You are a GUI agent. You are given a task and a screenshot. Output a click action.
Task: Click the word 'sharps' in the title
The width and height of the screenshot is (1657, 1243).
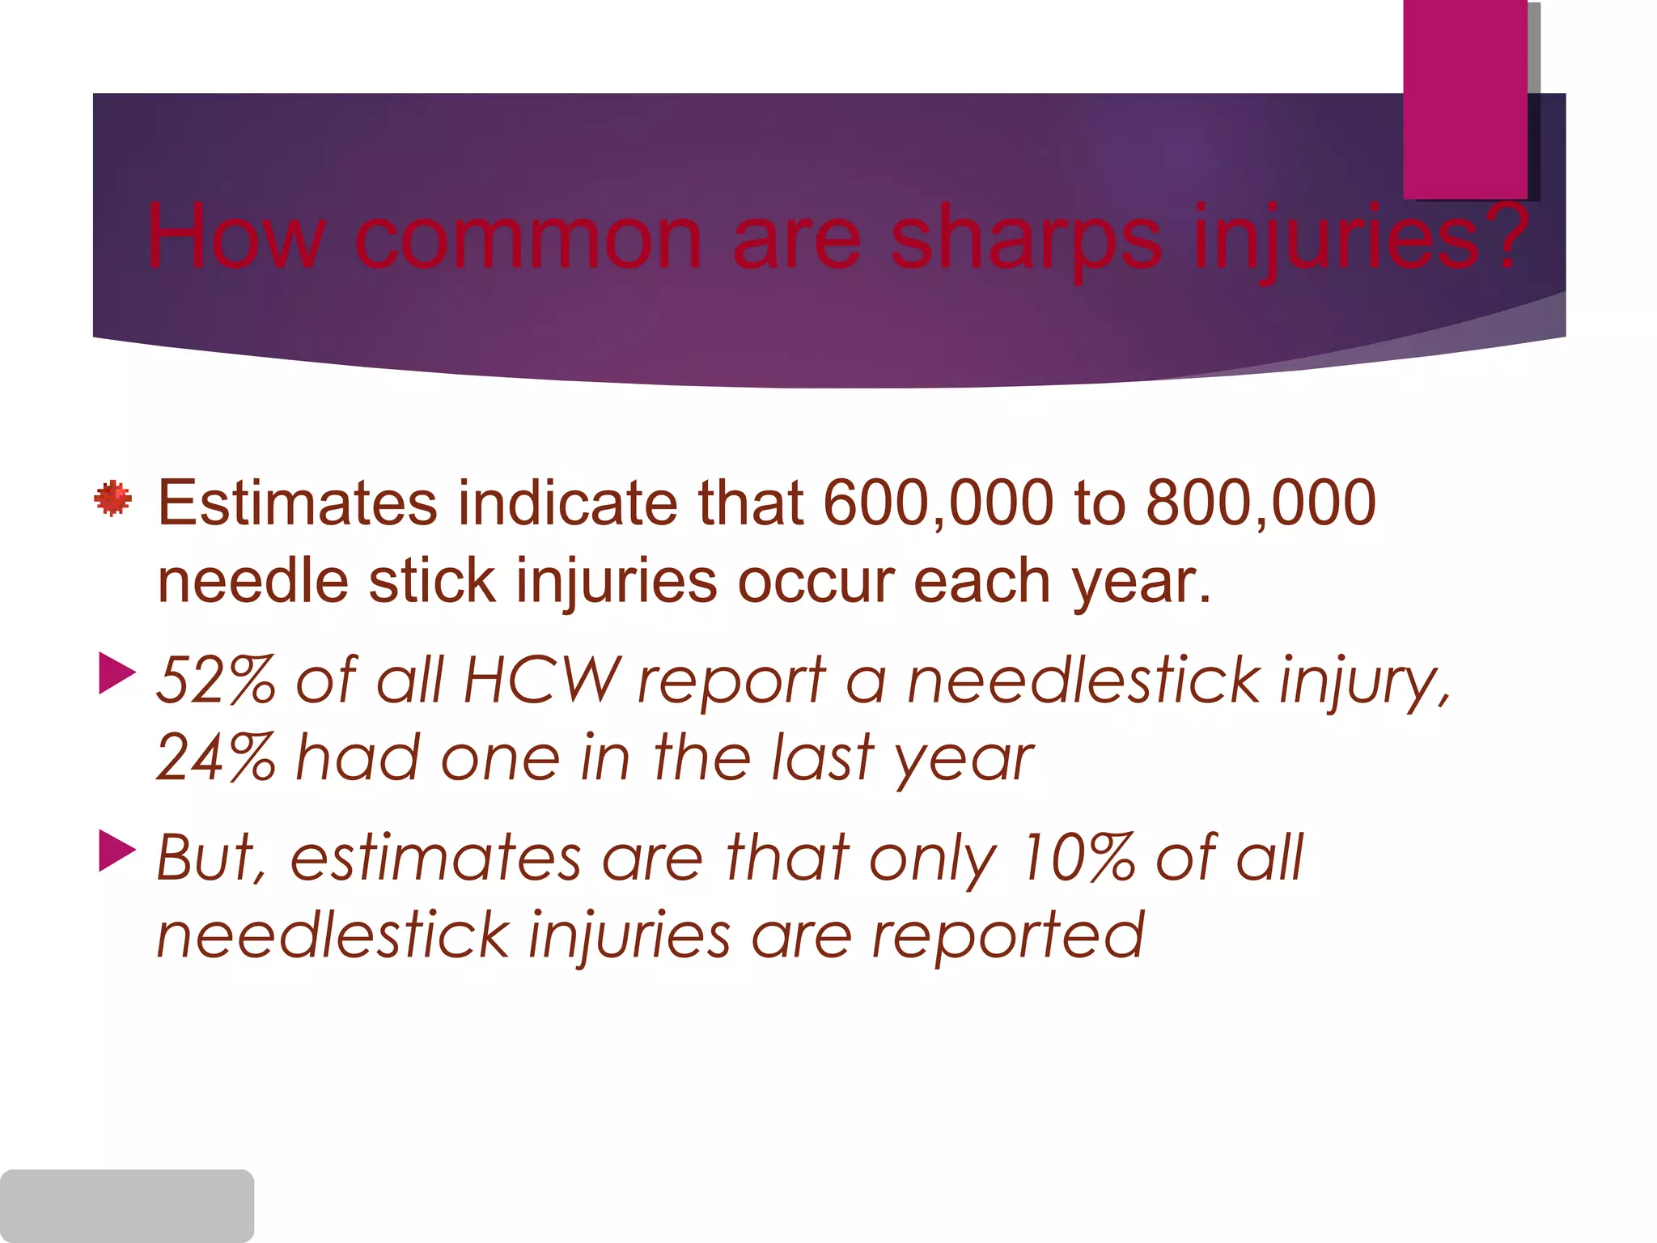(1026, 240)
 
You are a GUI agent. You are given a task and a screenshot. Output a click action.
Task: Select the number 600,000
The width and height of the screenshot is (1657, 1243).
(938, 503)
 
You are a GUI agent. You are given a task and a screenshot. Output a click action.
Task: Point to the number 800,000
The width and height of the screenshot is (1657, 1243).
(1261, 503)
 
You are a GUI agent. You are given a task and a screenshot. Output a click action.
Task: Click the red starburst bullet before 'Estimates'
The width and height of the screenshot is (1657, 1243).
(112, 498)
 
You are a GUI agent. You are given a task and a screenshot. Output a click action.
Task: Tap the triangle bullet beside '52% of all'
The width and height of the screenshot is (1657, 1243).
(117, 673)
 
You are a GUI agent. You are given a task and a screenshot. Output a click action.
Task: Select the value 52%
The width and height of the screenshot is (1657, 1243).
(215, 680)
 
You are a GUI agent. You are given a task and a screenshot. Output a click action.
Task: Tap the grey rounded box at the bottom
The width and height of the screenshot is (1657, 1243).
(127, 1205)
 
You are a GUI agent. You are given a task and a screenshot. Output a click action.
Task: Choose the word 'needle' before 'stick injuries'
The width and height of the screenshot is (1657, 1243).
(252, 581)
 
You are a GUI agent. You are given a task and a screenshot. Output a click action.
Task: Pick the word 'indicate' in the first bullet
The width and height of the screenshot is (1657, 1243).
(567, 503)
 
